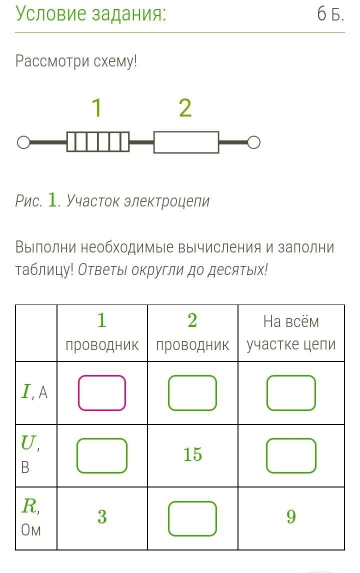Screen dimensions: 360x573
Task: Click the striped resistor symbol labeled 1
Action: point(98,142)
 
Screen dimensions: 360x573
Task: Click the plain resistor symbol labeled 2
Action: point(186,142)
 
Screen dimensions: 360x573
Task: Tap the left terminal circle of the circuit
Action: point(23,143)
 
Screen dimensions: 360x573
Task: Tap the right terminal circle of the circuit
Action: point(253,143)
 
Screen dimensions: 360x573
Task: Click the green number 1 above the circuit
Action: point(97,108)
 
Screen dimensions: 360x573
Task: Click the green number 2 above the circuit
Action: point(185,108)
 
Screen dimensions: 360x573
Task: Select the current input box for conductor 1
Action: point(102,393)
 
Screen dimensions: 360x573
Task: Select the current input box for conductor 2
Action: point(192,393)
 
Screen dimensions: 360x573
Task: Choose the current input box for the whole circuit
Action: point(291,393)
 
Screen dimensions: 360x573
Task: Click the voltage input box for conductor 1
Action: point(102,455)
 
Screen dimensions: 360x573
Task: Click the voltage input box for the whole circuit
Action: point(291,455)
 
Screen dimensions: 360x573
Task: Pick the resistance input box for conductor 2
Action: point(192,518)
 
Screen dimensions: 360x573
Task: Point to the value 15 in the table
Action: point(192,454)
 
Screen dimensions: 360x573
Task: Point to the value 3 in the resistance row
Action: point(102,517)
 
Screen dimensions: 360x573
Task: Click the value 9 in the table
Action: point(291,517)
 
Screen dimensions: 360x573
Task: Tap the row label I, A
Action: point(34,392)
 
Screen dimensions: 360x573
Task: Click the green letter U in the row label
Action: point(28,442)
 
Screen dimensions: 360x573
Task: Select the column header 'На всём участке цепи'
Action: point(291,333)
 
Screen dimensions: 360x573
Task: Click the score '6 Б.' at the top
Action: point(330,15)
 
